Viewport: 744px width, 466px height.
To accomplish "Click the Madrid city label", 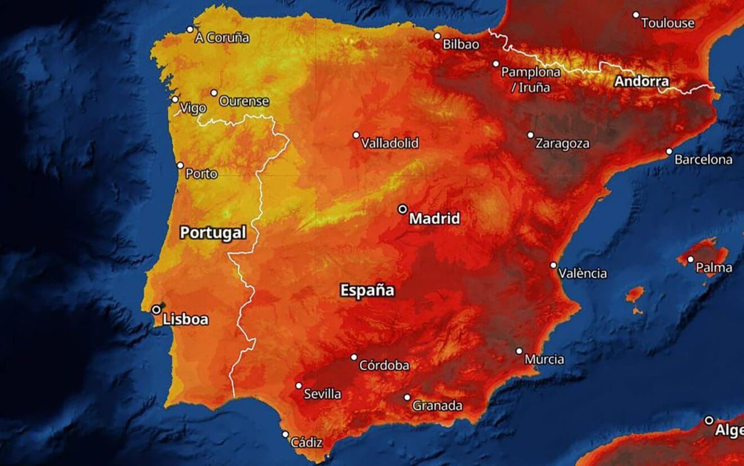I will click(x=434, y=219).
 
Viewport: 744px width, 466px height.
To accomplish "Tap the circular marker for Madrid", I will click(x=402, y=209).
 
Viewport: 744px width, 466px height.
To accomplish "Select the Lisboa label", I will click(x=185, y=319).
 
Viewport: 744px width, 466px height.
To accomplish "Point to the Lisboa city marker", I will click(x=156, y=309).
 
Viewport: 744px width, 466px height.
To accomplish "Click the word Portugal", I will click(x=213, y=233).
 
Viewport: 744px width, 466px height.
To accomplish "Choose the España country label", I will click(x=367, y=291).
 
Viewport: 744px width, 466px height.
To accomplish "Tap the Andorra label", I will click(x=641, y=82).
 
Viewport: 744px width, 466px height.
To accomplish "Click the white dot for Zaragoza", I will click(x=530, y=135).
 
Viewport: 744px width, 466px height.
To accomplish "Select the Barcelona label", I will click(x=703, y=159).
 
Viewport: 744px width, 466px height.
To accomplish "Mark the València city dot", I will click(x=553, y=265).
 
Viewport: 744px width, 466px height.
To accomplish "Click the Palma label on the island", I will click(x=714, y=268).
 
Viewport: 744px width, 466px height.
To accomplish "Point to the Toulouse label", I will click(x=667, y=24).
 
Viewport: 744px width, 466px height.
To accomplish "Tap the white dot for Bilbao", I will click(x=437, y=36).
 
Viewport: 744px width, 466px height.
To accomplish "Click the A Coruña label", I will click(x=222, y=38).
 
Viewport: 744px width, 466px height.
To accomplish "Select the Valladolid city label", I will click(x=389, y=143).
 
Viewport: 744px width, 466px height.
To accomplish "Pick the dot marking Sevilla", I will click(x=299, y=386).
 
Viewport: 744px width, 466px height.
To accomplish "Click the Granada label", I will click(x=437, y=406).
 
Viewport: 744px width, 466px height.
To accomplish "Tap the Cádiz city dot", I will click(x=285, y=434).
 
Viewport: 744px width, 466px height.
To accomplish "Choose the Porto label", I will click(x=201, y=174).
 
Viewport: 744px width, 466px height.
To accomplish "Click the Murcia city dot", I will click(x=519, y=351).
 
